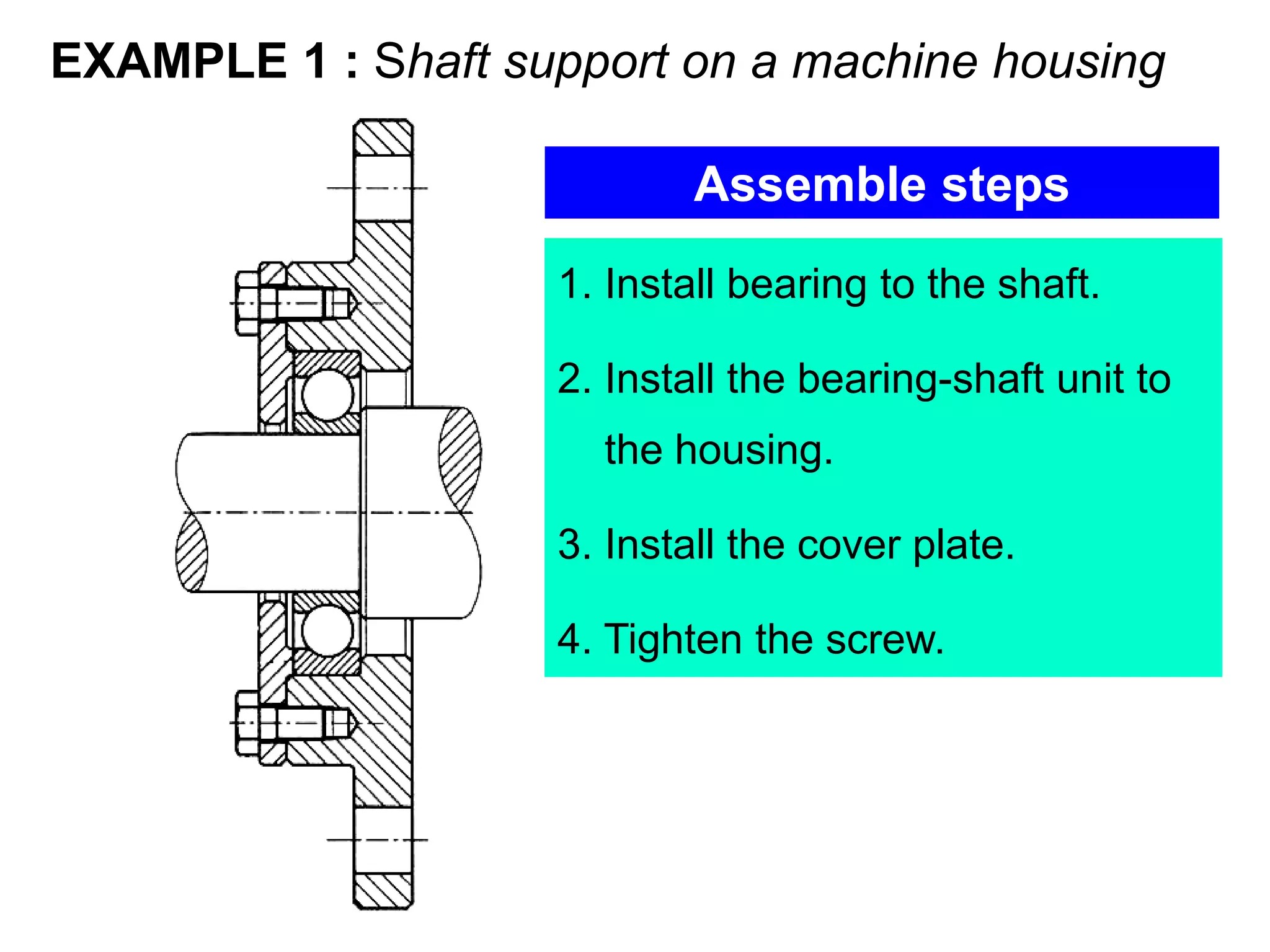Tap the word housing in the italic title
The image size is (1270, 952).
1078,62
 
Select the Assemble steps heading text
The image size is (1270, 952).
881,184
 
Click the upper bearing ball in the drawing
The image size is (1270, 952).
327,394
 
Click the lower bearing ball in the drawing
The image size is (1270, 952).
327,630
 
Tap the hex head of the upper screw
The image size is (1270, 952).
247,303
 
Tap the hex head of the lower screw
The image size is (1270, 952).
247,723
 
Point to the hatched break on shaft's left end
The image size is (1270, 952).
192,552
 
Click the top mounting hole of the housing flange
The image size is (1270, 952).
383,188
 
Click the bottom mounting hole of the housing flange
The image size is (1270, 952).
383,839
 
